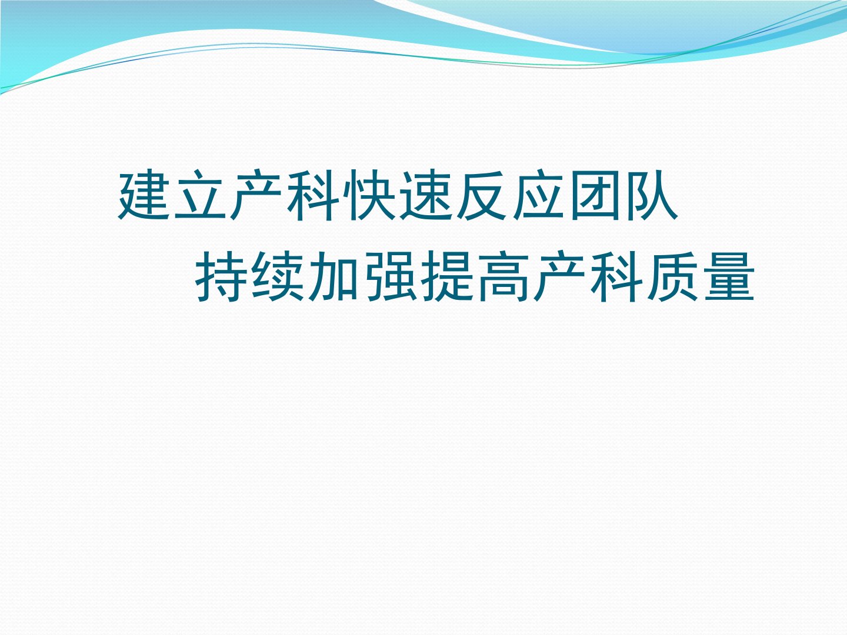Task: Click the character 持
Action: click(x=222, y=276)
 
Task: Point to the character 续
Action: click(x=278, y=276)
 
